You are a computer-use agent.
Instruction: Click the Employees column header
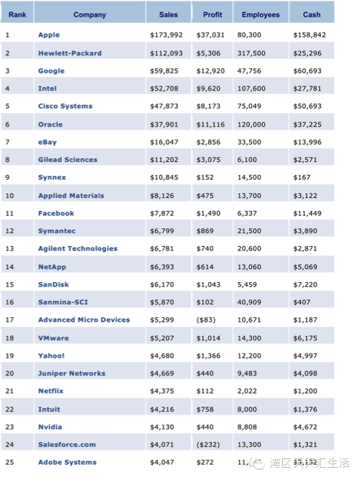261,14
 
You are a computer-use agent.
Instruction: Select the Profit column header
212,14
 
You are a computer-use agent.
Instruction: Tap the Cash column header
312,14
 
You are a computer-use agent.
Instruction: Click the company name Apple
49,35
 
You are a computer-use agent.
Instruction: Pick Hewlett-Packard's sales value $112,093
166,53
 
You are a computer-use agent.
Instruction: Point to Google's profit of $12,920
210,71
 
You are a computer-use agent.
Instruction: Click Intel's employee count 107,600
251,89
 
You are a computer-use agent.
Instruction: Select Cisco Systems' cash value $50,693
307,107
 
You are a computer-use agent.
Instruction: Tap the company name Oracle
50,124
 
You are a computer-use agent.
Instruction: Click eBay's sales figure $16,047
164,142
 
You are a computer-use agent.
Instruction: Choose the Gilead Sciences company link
68,160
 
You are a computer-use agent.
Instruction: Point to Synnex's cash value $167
302,178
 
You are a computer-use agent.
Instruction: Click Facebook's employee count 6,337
247,213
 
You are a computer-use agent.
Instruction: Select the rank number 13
9,248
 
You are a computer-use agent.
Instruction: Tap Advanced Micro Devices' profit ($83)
206,320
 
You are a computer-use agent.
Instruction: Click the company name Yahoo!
51,356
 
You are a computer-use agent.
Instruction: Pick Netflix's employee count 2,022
247,391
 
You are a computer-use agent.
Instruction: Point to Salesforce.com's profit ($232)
208,445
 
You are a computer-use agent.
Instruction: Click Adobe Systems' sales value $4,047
162,462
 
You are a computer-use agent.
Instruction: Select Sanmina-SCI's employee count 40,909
249,302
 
